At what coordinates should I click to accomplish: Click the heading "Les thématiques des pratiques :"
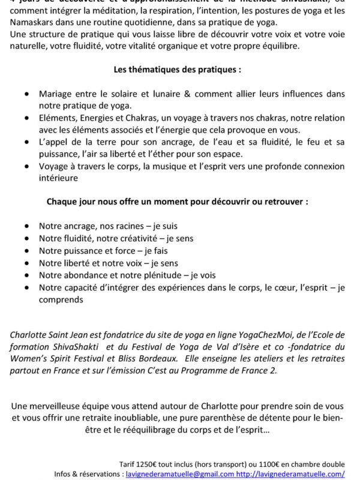coord(178,69)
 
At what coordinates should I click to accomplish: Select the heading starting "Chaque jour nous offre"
coord(178,202)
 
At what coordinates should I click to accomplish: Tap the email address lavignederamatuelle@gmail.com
coord(180,473)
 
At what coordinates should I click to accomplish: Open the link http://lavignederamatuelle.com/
coord(290,473)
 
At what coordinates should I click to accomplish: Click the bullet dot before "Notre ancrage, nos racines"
coord(26,226)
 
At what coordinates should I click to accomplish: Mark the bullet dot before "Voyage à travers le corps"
coord(26,166)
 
